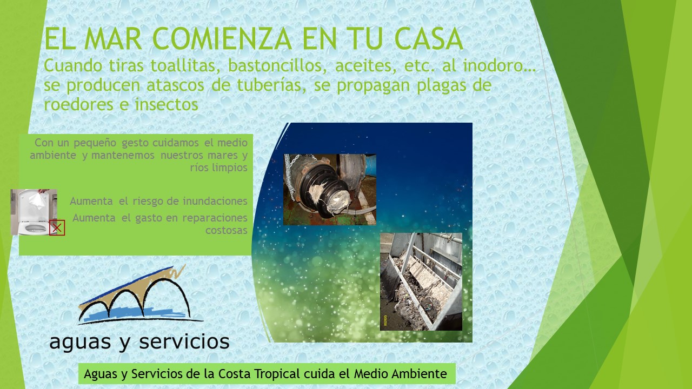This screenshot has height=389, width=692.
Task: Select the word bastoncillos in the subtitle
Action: (x=277, y=66)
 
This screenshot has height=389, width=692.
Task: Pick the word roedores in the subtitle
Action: (x=78, y=104)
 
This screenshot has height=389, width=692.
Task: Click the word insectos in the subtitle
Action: (x=166, y=104)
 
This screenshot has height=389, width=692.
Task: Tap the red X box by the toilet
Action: (x=57, y=228)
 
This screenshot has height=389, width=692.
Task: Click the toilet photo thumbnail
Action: (x=34, y=212)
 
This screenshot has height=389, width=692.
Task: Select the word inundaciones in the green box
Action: (x=215, y=201)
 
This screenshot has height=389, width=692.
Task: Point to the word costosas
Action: (x=227, y=230)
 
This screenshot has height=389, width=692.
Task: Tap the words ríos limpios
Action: (x=219, y=167)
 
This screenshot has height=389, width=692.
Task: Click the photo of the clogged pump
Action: (x=330, y=190)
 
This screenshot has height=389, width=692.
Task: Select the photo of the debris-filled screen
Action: (x=421, y=281)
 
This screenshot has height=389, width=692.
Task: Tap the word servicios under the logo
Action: (x=184, y=341)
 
